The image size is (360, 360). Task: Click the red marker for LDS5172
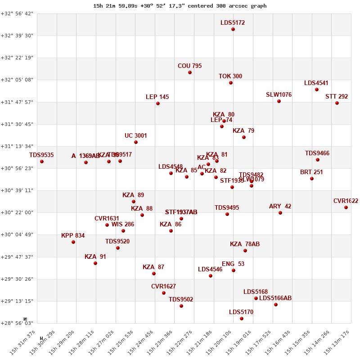point(233,29)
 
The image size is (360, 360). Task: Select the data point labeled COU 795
point(190,72)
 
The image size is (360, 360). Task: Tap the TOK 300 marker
point(231,83)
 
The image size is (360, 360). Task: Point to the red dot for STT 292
point(337,103)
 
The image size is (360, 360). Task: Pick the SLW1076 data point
point(279,101)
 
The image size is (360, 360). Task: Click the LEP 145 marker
point(158,103)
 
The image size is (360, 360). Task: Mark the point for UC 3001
point(136,142)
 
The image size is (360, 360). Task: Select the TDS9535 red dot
point(42,162)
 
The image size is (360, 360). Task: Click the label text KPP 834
point(73,235)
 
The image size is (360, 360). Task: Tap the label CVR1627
point(163,286)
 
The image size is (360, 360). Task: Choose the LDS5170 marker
point(242,319)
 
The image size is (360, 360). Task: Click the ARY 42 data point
point(280,213)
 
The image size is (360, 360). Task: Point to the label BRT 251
point(311,172)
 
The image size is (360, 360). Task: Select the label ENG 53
point(233,264)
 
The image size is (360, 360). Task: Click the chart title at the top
point(180,6)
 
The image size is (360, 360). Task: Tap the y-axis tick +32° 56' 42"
point(17,13)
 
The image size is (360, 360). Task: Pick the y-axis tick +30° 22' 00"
point(17,212)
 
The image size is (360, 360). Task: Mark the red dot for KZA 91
point(95,263)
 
